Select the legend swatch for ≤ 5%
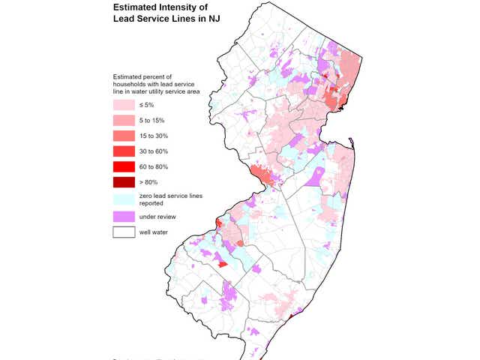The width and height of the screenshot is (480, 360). (x=124, y=106)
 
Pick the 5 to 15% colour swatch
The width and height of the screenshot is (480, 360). (x=124, y=121)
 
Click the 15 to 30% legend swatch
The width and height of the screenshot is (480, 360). (x=124, y=136)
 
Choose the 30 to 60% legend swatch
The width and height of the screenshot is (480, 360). (x=124, y=151)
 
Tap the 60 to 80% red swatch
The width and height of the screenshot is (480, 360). (x=124, y=166)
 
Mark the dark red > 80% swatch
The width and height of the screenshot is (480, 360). (x=124, y=181)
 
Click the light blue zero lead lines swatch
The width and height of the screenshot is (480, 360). (x=124, y=198)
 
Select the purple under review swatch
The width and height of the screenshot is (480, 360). (x=124, y=216)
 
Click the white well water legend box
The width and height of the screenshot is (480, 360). (x=124, y=232)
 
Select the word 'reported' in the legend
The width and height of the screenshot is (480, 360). (x=154, y=202)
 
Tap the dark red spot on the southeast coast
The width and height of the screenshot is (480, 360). (x=291, y=317)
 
